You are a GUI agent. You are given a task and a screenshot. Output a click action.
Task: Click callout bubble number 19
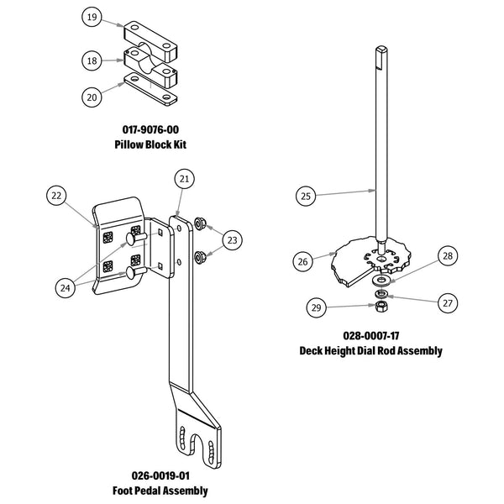(x=93, y=17)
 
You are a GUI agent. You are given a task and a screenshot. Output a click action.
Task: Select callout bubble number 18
(x=93, y=60)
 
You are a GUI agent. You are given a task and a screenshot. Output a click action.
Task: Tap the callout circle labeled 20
(x=93, y=97)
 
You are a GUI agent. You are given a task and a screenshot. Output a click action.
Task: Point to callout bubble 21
(x=184, y=179)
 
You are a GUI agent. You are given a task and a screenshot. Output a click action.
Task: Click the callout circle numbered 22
(x=56, y=196)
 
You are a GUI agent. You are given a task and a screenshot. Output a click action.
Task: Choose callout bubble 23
(x=233, y=239)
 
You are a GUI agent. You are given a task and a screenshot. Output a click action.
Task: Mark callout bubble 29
(x=316, y=309)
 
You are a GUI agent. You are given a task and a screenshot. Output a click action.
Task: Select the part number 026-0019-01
(x=160, y=475)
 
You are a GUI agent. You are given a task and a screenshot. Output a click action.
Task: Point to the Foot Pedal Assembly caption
(x=160, y=490)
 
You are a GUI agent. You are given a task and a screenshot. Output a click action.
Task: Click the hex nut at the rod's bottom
(x=380, y=309)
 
